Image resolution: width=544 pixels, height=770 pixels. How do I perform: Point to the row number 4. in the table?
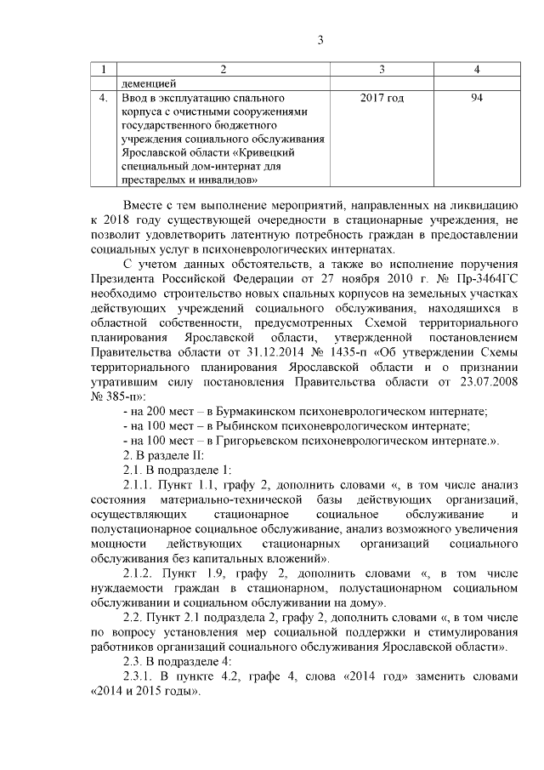(103, 99)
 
